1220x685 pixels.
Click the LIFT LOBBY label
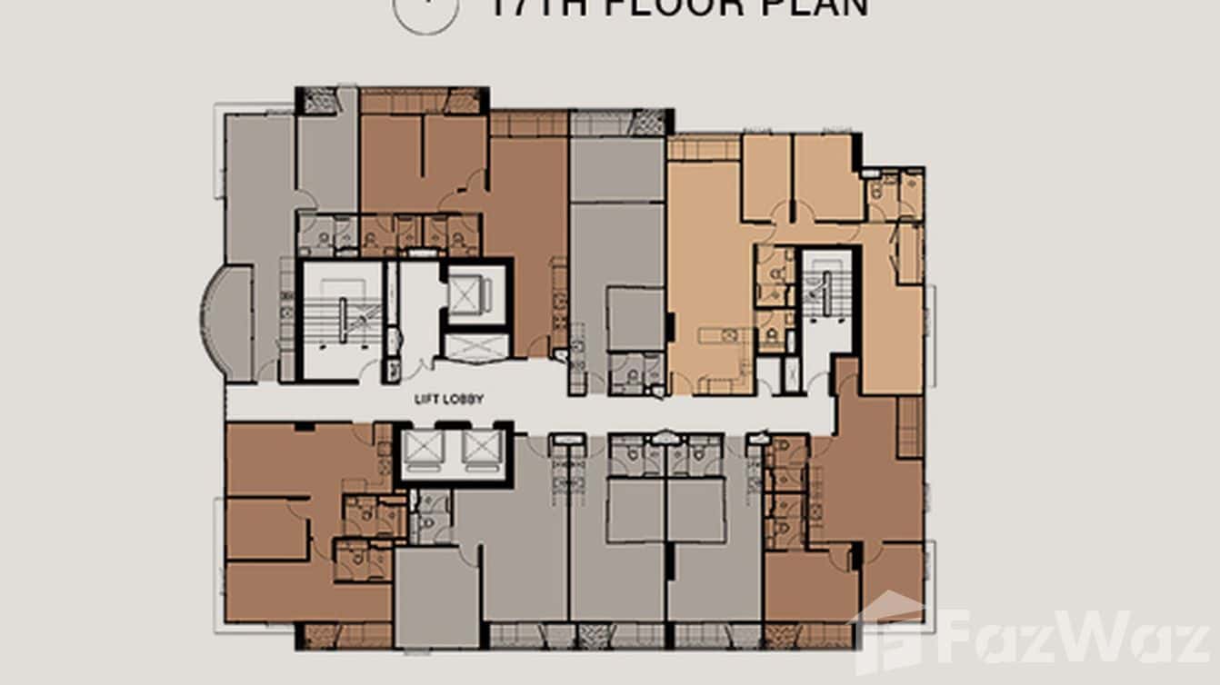click(x=448, y=399)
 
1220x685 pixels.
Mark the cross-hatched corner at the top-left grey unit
click(x=319, y=100)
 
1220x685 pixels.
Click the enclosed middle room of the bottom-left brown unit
click(x=265, y=529)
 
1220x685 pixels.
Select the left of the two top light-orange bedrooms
click(x=765, y=177)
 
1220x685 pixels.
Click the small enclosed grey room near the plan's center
click(x=635, y=319)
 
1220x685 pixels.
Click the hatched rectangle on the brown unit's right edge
click(x=908, y=427)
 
